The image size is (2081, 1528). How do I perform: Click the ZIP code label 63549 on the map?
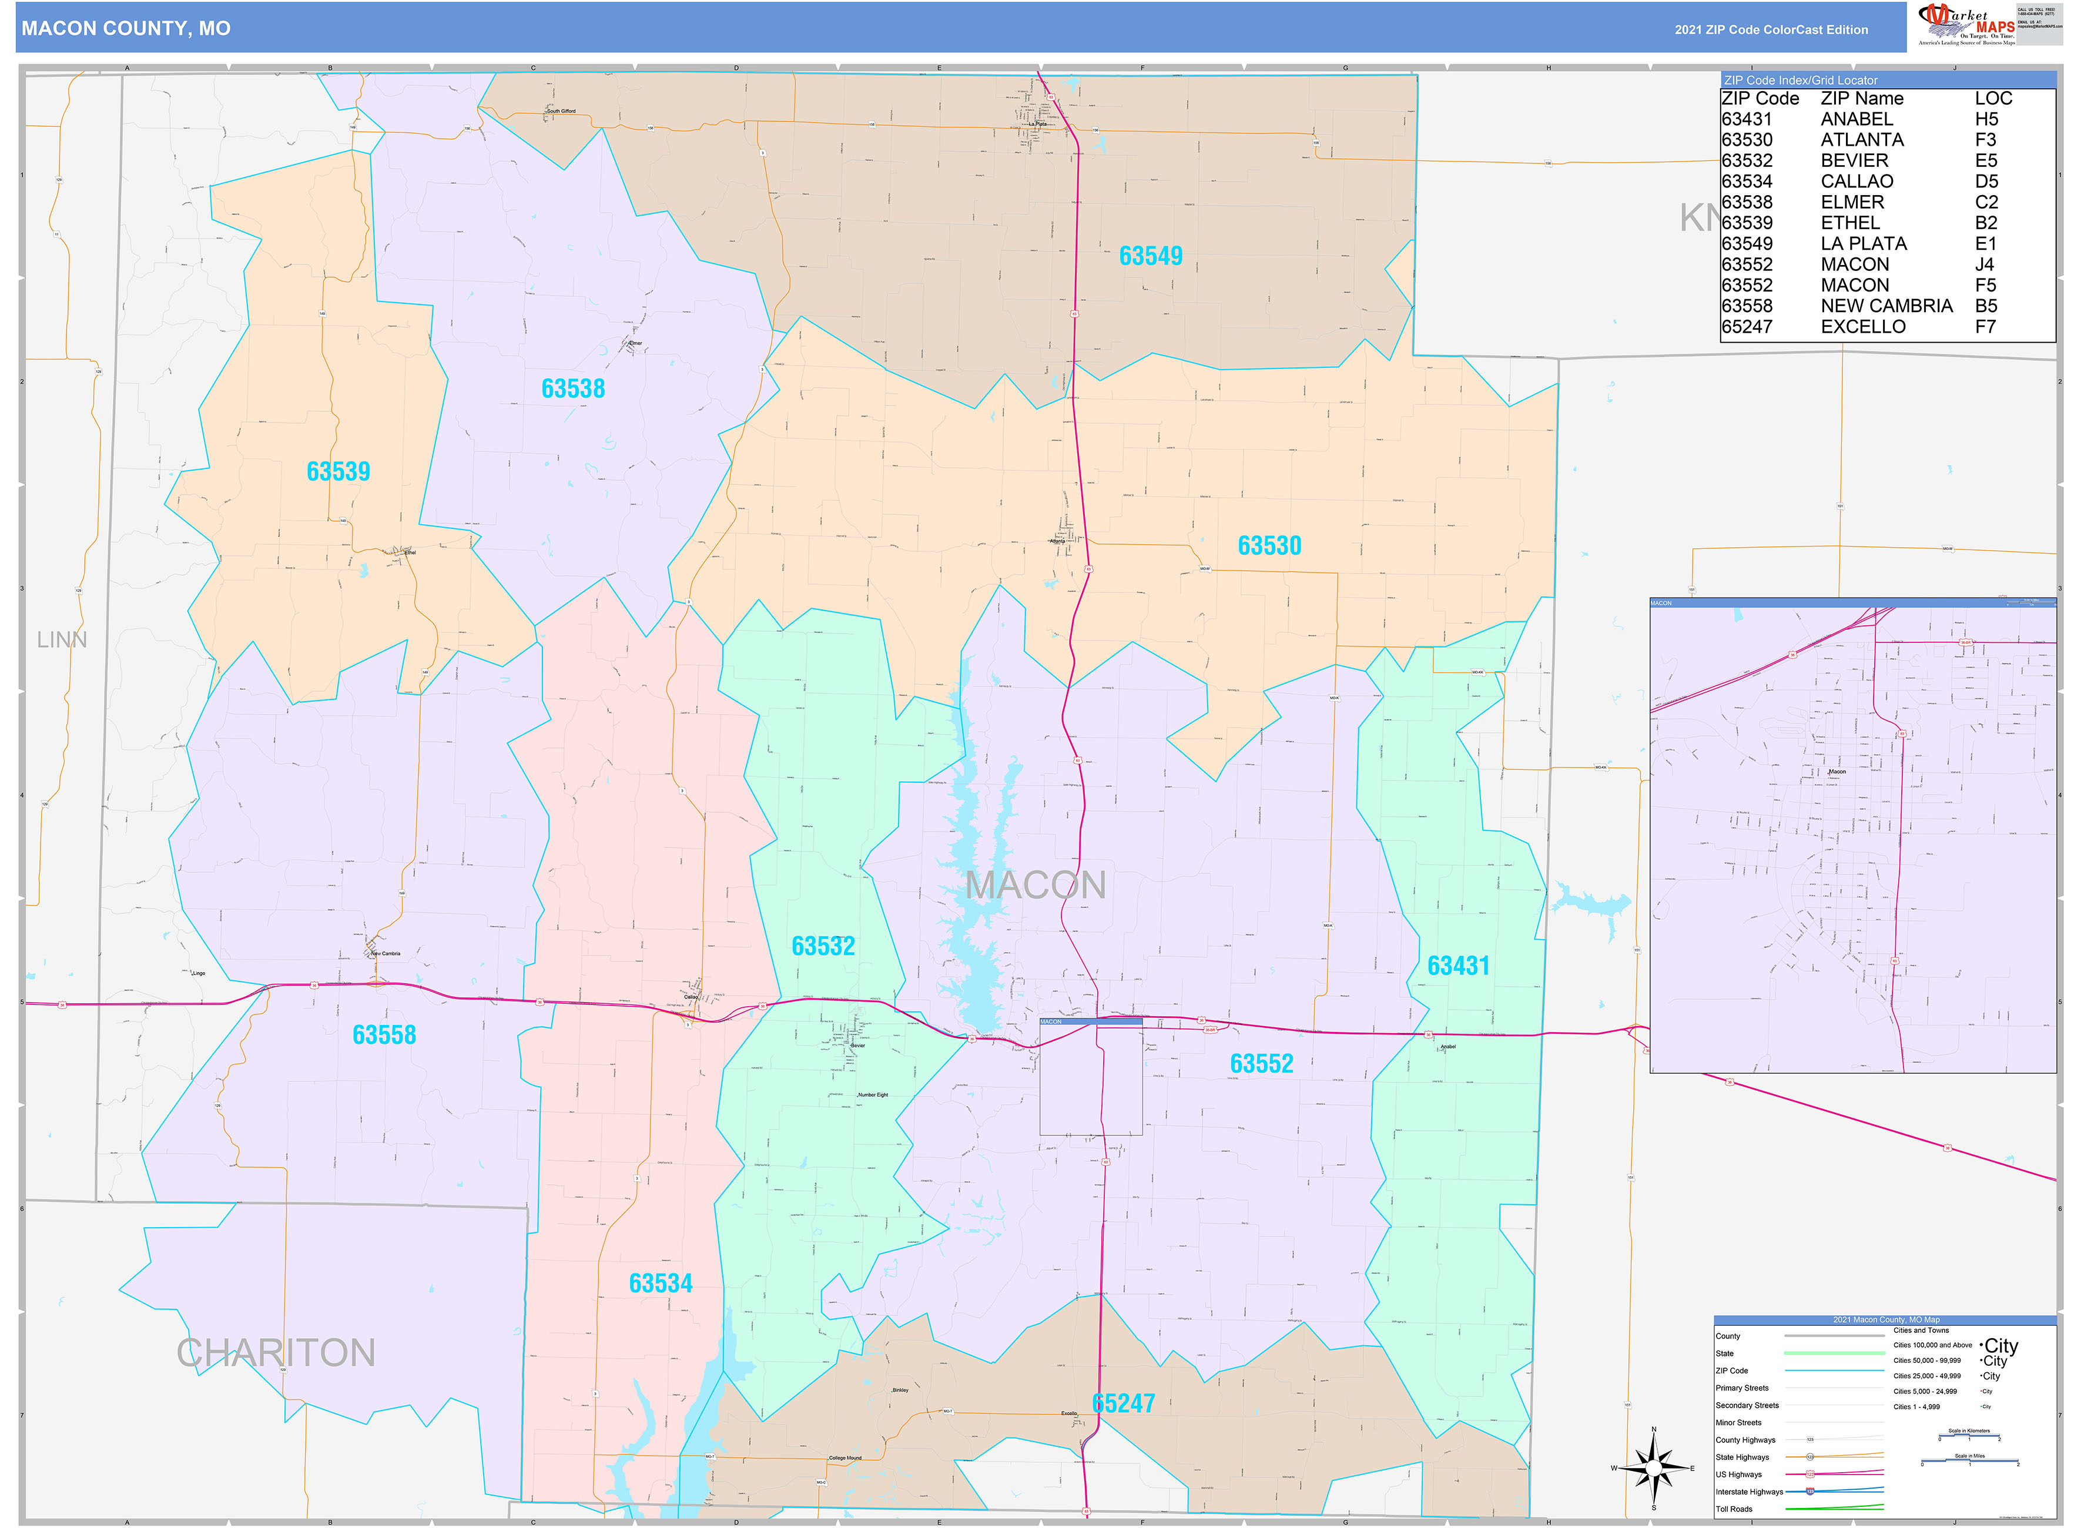pos(1151,256)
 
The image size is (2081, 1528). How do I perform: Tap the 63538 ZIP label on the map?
pos(572,388)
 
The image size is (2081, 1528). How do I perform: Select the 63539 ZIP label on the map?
pos(339,472)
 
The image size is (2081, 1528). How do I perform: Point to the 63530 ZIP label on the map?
pos(1269,546)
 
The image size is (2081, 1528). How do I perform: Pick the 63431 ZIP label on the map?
pos(1457,966)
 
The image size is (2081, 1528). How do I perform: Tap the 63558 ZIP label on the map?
pos(384,1035)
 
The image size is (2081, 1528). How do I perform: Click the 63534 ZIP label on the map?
pos(661,1283)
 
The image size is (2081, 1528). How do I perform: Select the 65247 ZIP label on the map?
pos(1124,1403)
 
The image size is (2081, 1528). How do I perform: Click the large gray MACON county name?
pos(1035,885)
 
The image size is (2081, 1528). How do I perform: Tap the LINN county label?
pos(62,640)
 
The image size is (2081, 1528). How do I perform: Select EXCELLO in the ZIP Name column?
pos(1863,327)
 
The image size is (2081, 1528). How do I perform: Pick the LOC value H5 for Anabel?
pos(1986,119)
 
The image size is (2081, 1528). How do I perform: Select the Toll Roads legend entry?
pos(1734,1509)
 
